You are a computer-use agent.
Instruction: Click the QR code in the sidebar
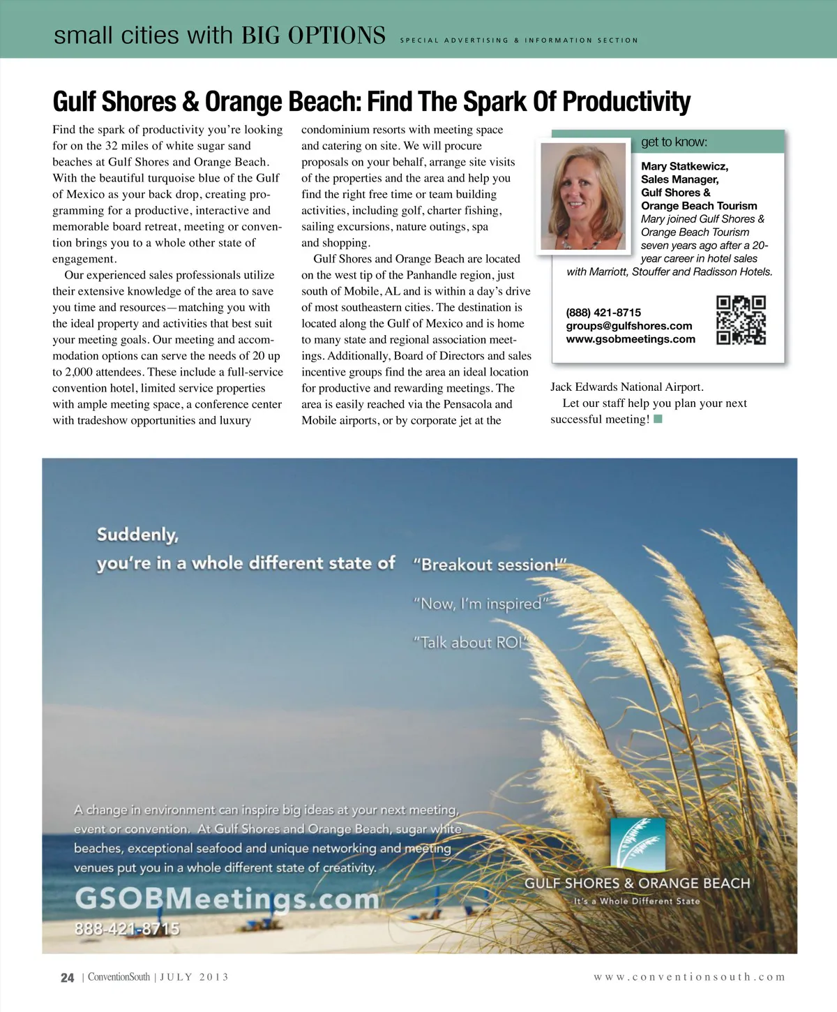(x=741, y=320)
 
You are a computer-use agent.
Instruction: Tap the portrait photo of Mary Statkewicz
(x=583, y=196)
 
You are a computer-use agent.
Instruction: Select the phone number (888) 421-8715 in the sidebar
(x=603, y=313)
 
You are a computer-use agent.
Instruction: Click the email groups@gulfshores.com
(x=629, y=326)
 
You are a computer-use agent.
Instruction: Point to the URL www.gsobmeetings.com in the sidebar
(x=631, y=339)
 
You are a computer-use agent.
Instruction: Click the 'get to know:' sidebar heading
(x=674, y=142)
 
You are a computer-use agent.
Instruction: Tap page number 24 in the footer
(x=67, y=978)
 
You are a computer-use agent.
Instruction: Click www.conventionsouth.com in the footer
(x=689, y=977)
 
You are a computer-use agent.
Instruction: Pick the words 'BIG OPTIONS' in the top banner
(x=313, y=35)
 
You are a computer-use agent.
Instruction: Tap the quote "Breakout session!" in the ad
(x=489, y=565)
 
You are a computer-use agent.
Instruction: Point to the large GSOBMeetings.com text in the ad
(x=227, y=898)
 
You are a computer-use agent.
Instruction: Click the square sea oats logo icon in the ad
(x=638, y=844)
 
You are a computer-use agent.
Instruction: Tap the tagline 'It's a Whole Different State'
(x=636, y=901)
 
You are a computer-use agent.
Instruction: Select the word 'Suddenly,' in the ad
(x=137, y=535)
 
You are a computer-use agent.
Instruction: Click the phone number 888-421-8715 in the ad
(x=127, y=929)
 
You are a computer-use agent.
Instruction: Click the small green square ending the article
(x=658, y=419)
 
